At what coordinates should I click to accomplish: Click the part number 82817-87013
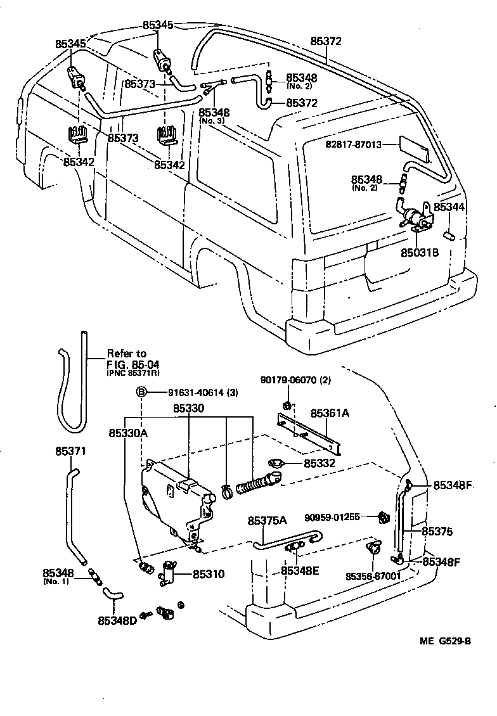click(x=353, y=144)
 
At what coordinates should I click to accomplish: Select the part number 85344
click(x=449, y=207)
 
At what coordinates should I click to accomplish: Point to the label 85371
click(x=70, y=451)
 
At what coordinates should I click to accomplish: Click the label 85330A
click(x=127, y=434)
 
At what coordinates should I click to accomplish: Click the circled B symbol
click(x=142, y=393)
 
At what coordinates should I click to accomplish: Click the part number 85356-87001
click(x=373, y=575)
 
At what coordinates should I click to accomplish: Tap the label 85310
click(x=208, y=575)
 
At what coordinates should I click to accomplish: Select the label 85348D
click(x=117, y=620)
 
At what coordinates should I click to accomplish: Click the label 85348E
click(x=300, y=570)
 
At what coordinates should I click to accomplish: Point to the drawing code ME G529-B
click(x=445, y=641)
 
